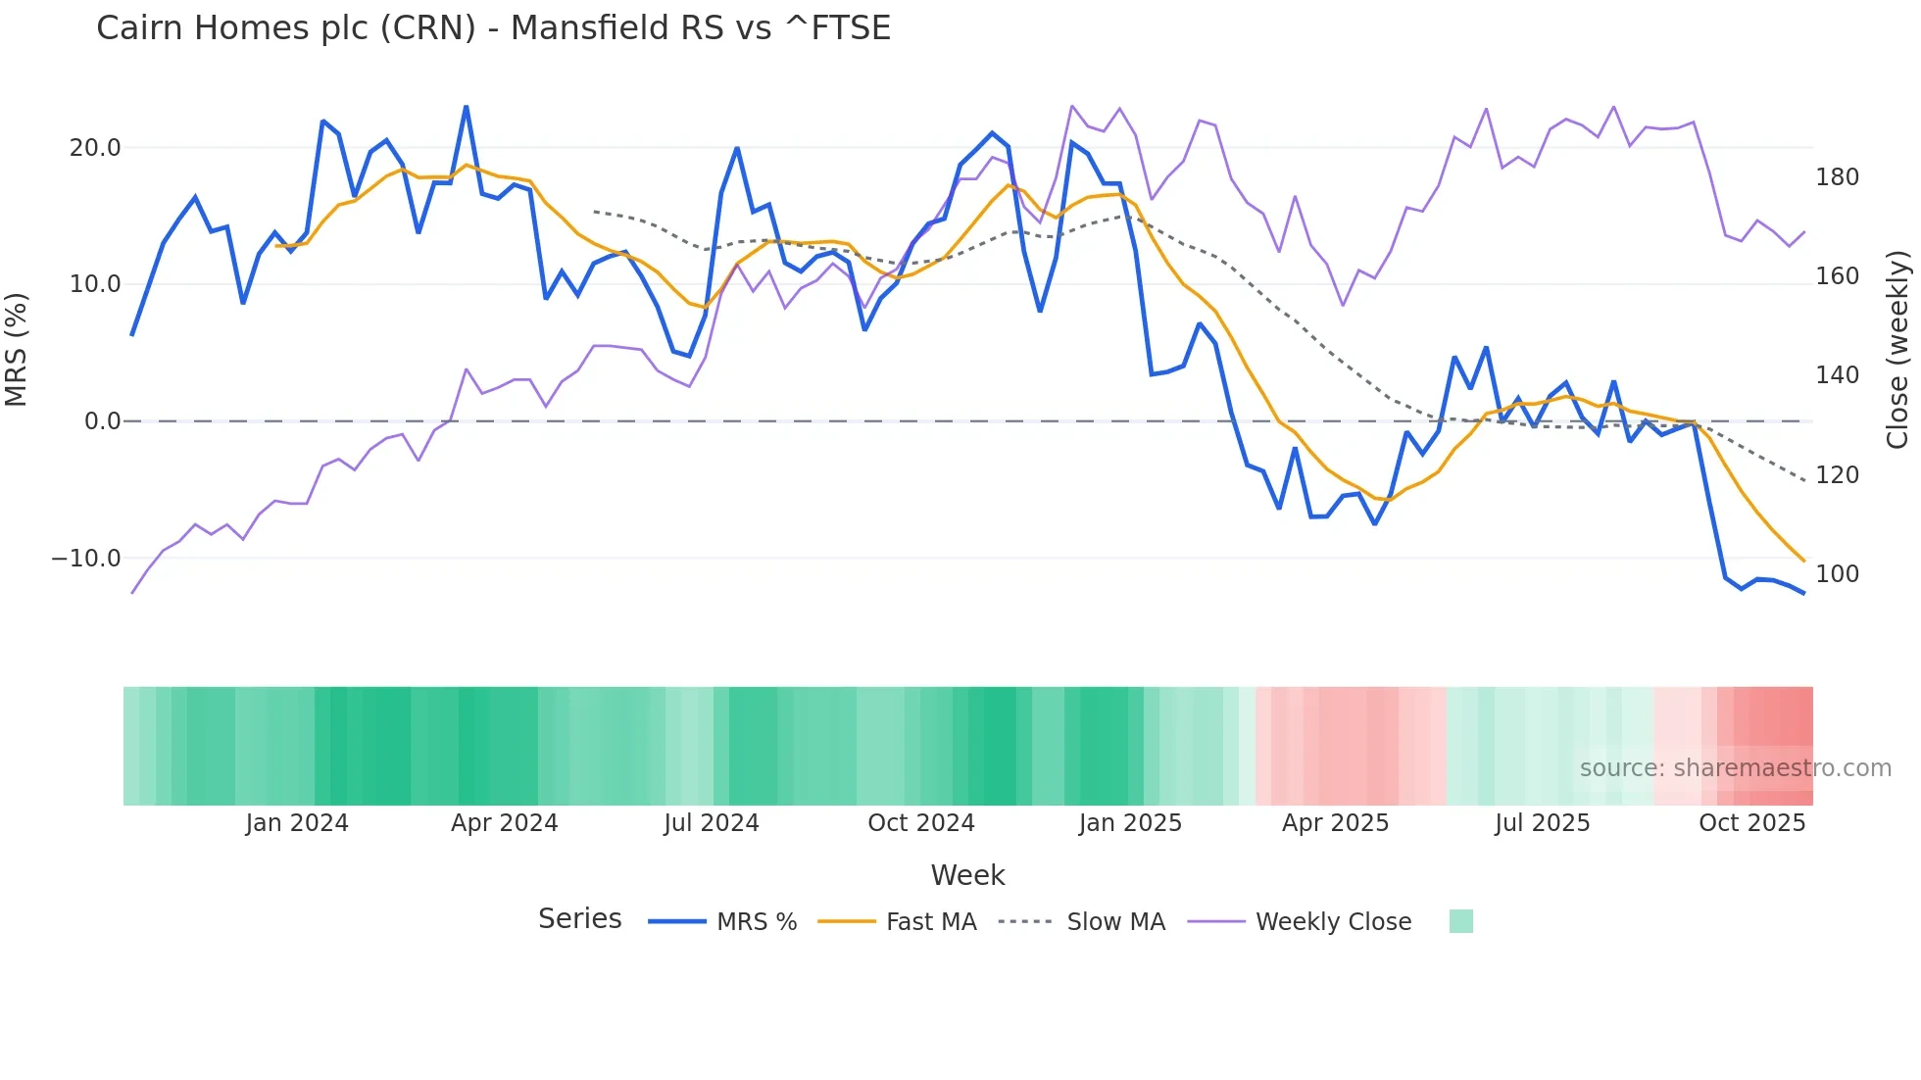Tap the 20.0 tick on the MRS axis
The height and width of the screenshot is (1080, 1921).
tap(95, 148)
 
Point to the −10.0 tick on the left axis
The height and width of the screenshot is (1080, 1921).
tap(86, 559)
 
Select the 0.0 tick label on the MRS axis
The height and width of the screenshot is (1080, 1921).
tap(102, 421)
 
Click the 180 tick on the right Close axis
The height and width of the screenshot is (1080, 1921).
tap(1837, 177)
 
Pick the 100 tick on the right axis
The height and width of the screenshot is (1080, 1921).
tap(1837, 574)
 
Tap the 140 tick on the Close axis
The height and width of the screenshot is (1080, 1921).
tap(1837, 375)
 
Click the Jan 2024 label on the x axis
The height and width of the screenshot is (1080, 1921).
tap(297, 823)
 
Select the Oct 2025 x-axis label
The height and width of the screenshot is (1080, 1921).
tap(1751, 823)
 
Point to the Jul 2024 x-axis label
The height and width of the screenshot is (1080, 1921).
tap(712, 823)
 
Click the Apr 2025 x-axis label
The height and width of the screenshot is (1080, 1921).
tap(1335, 823)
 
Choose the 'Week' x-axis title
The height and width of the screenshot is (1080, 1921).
tap(967, 875)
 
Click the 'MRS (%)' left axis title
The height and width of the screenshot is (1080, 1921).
tap(17, 350)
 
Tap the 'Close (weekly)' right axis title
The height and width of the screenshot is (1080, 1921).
tap(1898, 350)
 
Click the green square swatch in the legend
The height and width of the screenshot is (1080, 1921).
tap(1460, 921)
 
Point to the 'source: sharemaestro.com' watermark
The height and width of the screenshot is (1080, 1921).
tap(1735, 768)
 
